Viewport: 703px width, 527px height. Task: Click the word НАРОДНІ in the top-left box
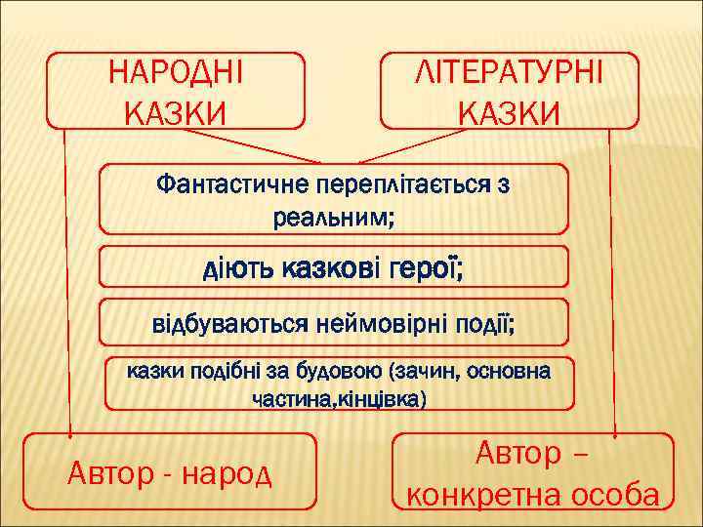click(177, 73)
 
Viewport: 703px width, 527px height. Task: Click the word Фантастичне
click(230, 184)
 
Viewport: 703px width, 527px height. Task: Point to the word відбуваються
click(229, 321)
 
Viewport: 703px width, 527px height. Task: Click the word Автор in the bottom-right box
click(518, 454)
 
